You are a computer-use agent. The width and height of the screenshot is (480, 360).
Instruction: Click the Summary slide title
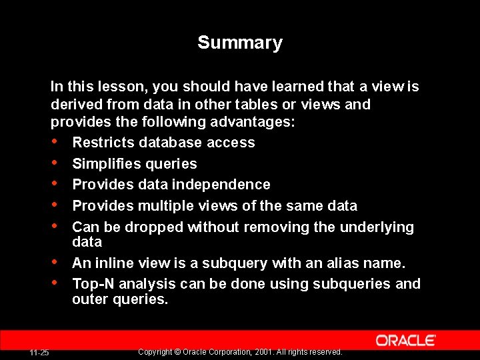(x=240, y=43)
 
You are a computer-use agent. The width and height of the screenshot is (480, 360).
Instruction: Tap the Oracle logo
(x=406, y=341)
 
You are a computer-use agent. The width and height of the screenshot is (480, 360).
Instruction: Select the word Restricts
(x=100, y=143)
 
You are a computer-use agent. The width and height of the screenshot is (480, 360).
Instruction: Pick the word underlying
(x=377, y=227)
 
